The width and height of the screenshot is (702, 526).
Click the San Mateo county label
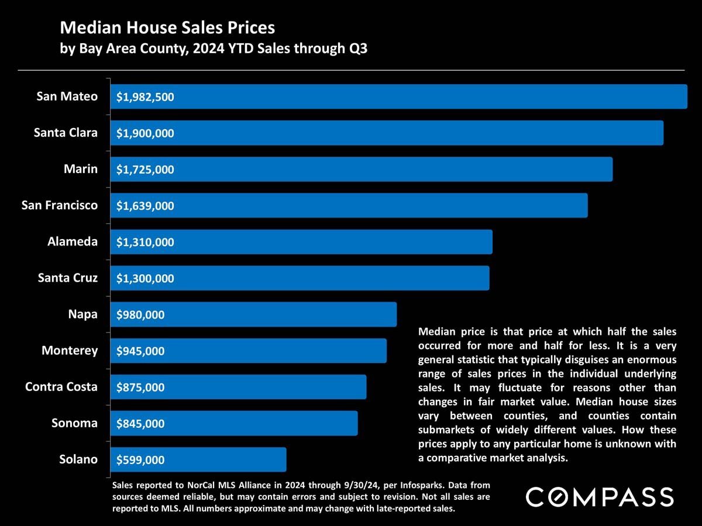tap(67, 96)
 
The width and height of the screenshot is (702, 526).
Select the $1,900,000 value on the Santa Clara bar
tap(145, 133)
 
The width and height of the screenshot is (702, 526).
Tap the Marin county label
tap(81, 169)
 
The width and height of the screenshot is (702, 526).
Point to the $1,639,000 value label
tap(145, 206)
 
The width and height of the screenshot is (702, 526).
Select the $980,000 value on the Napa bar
tap(140, 315)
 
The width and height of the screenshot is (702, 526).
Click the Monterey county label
tap(70, 351)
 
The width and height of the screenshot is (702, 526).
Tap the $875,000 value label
tap(140, 387)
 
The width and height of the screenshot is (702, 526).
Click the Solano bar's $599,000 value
tap(140, 460)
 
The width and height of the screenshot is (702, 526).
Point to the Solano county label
tap(78, 459)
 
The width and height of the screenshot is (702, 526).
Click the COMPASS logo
tap(600, 497)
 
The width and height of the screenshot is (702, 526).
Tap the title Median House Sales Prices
tap(167, 27)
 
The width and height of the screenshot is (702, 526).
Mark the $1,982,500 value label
tap(145, 97)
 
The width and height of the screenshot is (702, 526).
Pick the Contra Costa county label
tap(61, 387)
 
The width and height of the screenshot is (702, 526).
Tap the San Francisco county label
tap(60, 205)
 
